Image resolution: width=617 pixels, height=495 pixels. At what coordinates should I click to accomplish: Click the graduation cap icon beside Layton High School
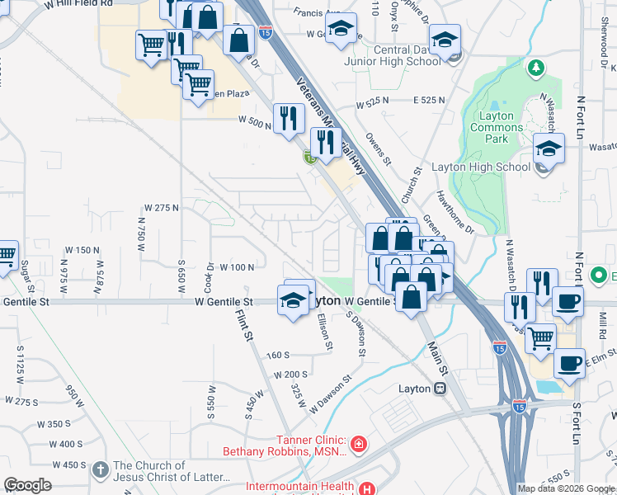tap(548, 148)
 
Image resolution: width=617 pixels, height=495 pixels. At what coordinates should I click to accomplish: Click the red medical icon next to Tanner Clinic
tap(358, 446)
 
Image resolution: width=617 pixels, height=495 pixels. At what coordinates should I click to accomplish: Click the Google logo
tap(27, 485)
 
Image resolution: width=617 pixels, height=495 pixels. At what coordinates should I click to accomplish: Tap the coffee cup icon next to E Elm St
tap(569, 363)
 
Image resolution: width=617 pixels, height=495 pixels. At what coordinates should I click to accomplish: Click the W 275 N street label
tap(161, 207)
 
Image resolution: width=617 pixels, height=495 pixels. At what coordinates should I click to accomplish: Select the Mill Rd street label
tap(601, 321)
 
